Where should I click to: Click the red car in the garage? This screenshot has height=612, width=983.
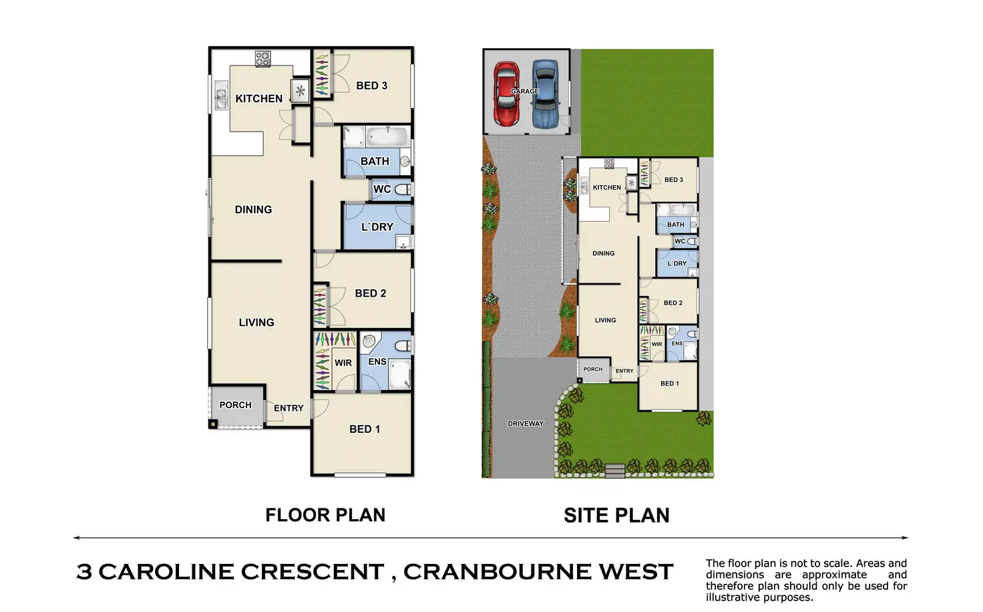pyautogui.click(x=506, y=94)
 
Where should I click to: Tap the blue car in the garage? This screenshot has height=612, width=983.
pyautogui.click(x=546, y=94)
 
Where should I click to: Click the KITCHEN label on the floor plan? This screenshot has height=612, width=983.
pyautogui.click(x=258, y=99)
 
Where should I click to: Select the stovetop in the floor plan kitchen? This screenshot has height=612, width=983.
pyautogui.click(x=262, y=59)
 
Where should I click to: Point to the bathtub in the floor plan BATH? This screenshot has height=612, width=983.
pyautogui.click(x=386, y=137)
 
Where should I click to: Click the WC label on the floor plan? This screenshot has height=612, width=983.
pyautogui.click(x=382, y=189)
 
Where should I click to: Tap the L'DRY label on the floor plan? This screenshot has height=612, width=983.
pyautogui.click(x=377, y=227)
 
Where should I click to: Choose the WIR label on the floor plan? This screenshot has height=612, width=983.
pyautogui.click(x=343, y=363)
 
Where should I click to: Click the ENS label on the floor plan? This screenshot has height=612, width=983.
pyautogui.click(x=377, y=361)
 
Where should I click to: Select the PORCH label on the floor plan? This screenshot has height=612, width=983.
pyautogui.click(x=235, y=405)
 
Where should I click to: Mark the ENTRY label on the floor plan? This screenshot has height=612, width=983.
pyautogui.click(x=288, y=408)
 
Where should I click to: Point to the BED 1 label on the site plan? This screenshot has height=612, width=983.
pyautogui.click(x=669, y=384)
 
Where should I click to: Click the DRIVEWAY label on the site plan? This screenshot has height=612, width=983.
pyautogui.click(x=526, y=424)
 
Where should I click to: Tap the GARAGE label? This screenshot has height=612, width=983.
pyautogui.click(x=525, y=91)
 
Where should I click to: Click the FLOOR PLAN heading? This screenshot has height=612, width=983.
pyautogui.click(x=325, y=515)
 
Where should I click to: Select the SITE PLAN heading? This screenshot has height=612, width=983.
pyautogui.click(x=616, y=515)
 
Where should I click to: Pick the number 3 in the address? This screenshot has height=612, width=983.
pyautogui.click(x=84, y=572)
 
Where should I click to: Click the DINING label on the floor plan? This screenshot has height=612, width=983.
pyautogui.click(x=253, y=210)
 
